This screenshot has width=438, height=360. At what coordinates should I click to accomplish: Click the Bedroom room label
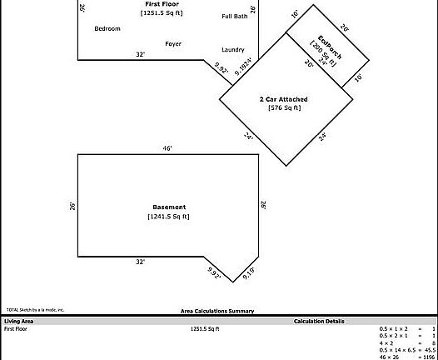pos(107,28)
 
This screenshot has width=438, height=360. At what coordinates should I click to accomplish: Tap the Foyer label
pos(173,43)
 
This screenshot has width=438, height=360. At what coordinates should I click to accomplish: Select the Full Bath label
pos(234,17)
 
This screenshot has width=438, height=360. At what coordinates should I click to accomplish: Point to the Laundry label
pos(233,50)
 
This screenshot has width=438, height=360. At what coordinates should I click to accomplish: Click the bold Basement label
pos(169,207)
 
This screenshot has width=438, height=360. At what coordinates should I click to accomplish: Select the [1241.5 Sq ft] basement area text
pos(169,217)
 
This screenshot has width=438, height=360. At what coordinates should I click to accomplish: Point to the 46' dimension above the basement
pos(167,148)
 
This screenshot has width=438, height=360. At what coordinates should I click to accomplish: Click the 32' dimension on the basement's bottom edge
pos(141,262)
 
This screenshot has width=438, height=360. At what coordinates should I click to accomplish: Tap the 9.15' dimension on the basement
pos(249,272)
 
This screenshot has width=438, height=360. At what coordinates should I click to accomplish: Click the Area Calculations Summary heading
pos(217,311)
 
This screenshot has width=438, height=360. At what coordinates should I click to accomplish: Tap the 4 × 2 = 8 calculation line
pos(407,342)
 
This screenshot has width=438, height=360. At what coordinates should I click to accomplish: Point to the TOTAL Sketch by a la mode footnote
pos(35,309)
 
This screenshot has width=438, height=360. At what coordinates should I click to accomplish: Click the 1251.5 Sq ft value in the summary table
pos(205,329)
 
